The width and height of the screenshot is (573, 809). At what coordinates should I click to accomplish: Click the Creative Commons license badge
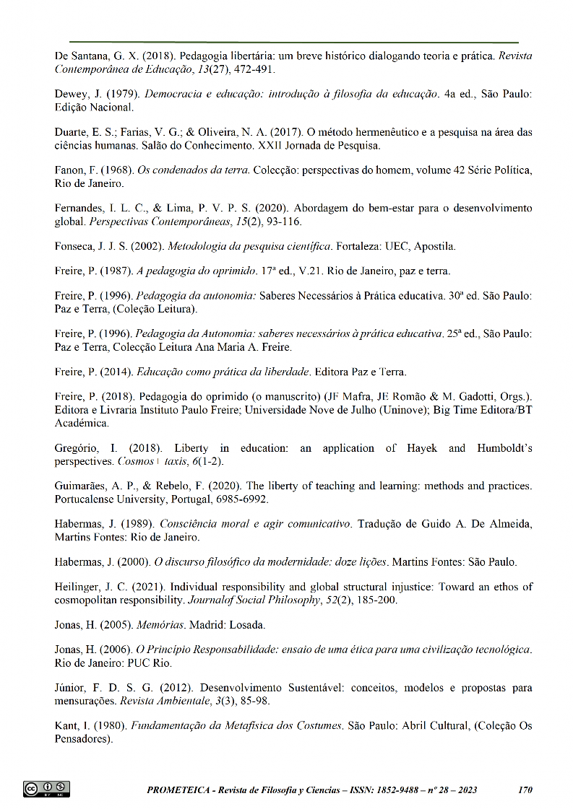coord(47,789)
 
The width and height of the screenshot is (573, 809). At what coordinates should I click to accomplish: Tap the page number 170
coord(525,790)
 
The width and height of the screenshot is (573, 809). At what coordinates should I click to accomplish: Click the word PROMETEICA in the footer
coord(178,790)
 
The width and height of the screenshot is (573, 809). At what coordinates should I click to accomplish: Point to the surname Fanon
coord(70,170)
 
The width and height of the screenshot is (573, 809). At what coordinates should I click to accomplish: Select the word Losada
coord(251,624)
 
